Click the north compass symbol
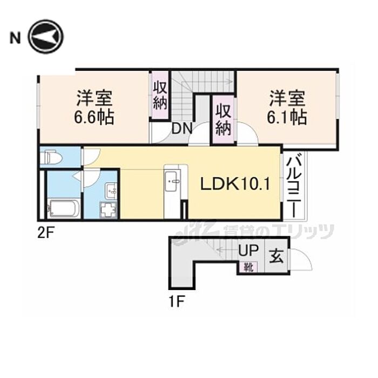(x=45, y=36)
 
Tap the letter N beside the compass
(x=15, y=38)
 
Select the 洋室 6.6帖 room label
(x=94, y=108)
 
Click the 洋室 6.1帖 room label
(x=287, y=108)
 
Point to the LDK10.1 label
(x=235, y=185)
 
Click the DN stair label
(x=182, y=129)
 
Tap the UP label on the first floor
(x=248, y=250)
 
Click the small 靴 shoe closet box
(x=248, y=267)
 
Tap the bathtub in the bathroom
(x=64, y=208)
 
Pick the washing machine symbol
(x=108, y=210)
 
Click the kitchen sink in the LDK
(x=172, y=181)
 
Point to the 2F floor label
(x=46, y=233)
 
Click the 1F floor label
(x=177, y=301)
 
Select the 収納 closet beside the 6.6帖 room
(x=160, y=95)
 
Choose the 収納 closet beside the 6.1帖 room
(x=223, y=119)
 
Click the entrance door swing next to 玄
(x=301, y=260)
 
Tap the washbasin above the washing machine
(x=111, y=191)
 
